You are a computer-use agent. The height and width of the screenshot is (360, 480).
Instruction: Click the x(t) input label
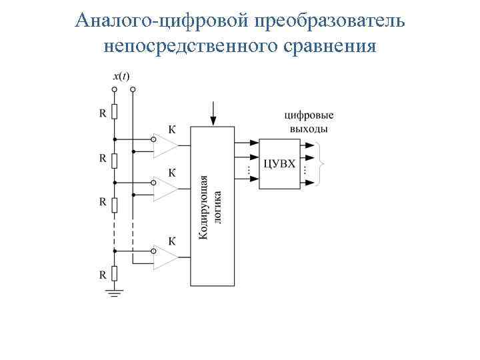(x=121, y=76)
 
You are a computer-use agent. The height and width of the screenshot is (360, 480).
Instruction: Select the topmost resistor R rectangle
(x=115, y=112)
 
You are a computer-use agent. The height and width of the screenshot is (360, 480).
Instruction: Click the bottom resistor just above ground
(x=115, y=273)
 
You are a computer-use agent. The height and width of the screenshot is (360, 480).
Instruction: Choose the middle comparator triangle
(x=165, y=189)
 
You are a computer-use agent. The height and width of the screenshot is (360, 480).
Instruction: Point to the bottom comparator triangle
(x=165, y=257)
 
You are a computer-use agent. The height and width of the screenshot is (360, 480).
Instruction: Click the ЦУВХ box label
(x=279, y=163)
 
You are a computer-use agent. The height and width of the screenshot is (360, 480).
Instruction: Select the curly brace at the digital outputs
(x=322, y=163)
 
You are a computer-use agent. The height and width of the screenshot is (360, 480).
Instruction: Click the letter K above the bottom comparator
(x=172, y=240)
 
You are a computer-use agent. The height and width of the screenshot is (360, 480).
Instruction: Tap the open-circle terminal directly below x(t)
(x=115, y=89)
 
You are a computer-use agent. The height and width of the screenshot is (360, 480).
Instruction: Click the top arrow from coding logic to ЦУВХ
(x=247, y=142)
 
